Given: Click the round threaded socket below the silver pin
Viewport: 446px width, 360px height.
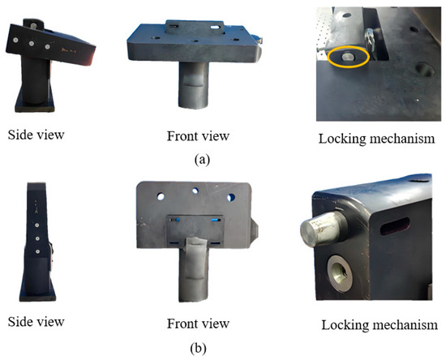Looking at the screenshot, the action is (x=340, y=273).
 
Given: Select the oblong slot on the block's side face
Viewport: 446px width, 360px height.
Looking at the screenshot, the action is (x=395, y=226).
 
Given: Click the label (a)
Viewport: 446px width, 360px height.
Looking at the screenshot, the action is (x=202, y=159).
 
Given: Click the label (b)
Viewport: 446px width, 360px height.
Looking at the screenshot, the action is (x=198, y=349).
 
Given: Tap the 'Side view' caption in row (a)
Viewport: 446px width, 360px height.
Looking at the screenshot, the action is (x=36, y=135).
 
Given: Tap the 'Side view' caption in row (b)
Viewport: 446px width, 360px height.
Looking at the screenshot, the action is (x=36, y=322).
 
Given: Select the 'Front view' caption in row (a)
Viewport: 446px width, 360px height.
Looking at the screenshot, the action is (x=198, y=136).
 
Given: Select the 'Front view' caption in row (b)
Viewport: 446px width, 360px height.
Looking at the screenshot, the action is (x=198, y=324).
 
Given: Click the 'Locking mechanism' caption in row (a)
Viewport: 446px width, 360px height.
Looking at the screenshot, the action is (x=376, y=139).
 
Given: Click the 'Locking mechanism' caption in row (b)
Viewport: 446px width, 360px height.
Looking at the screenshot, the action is (x=380, y=325).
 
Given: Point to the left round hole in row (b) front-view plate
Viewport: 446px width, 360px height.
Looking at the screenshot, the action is (x=161, y=196).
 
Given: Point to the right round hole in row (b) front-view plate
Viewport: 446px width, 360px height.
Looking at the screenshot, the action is (x=231, y=197).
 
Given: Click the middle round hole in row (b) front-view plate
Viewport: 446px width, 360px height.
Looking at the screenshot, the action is (x=195, y=191).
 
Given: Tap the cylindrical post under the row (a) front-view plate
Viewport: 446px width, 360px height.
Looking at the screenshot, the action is (x=194, y=85).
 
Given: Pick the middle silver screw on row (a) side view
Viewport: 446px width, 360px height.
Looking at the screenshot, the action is (x=32, y=44).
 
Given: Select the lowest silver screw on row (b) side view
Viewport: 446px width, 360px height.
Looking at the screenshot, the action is (x=38, y=251).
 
